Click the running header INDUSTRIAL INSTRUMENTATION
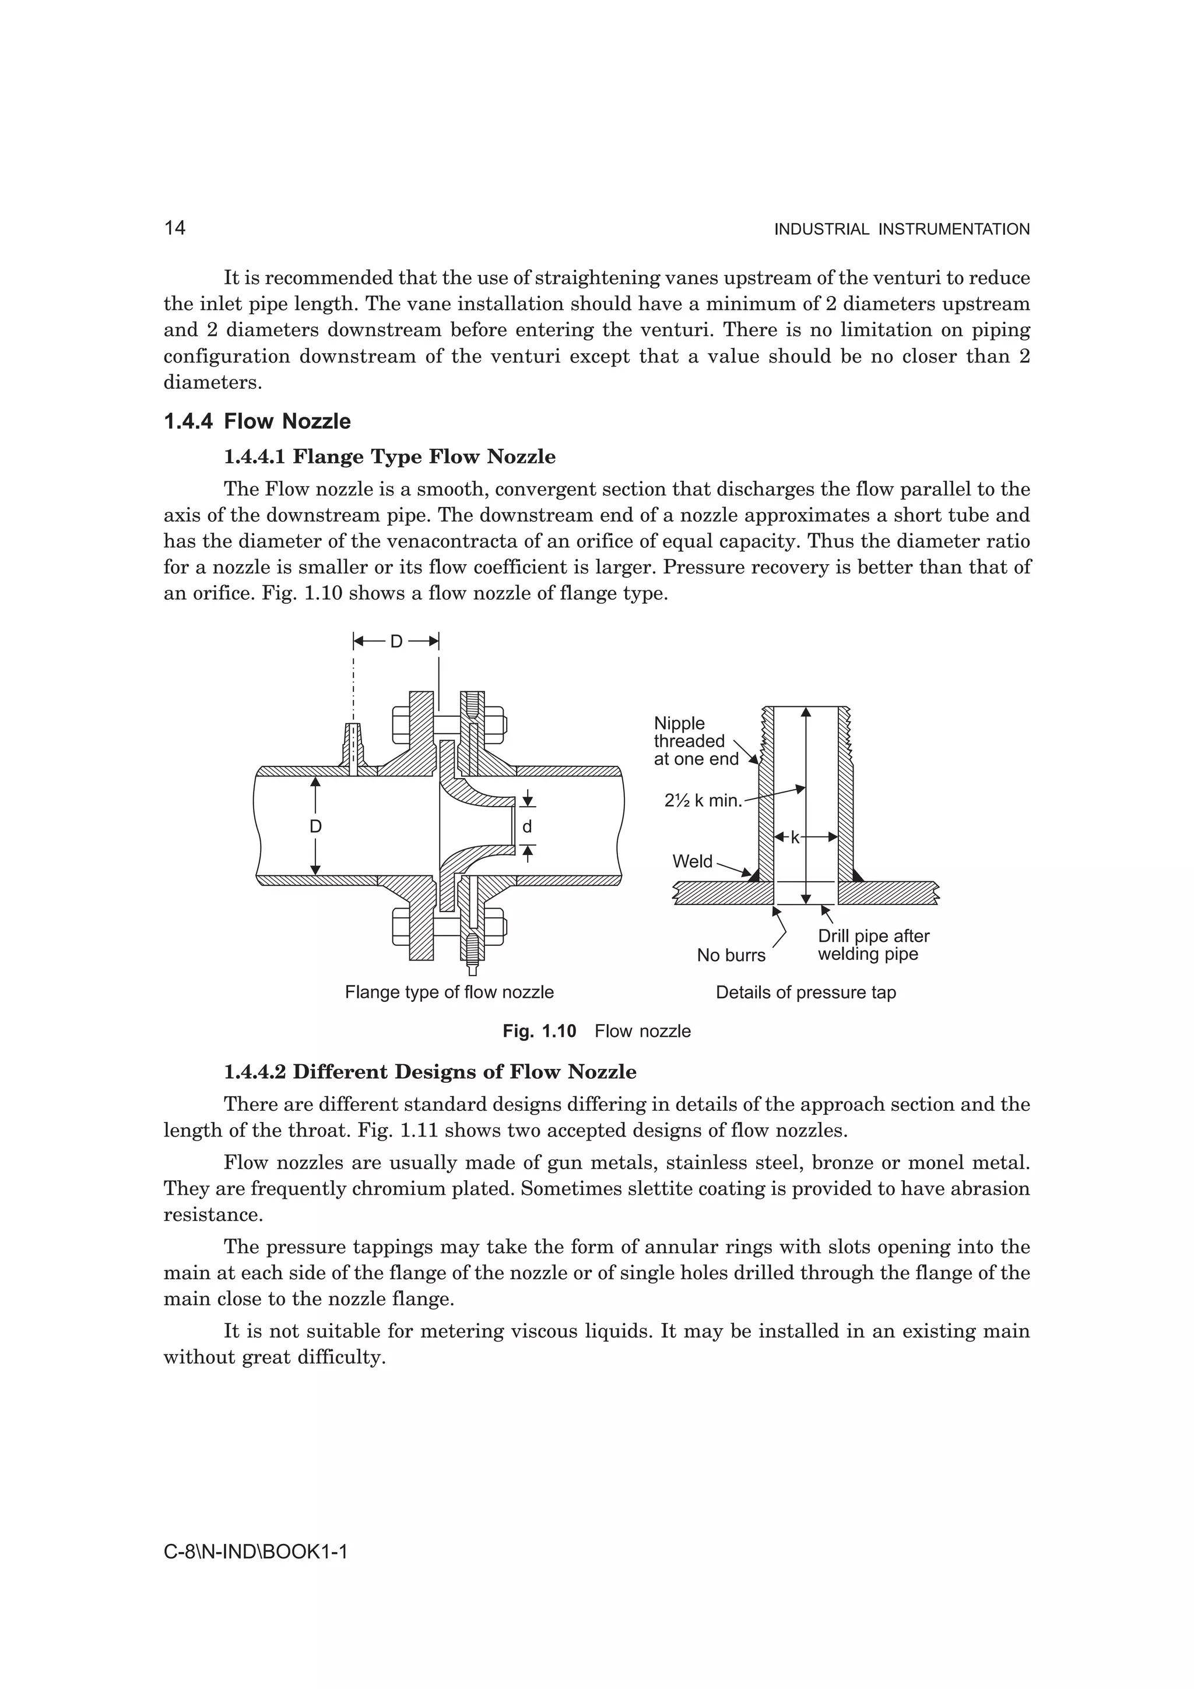[x=901, y=230]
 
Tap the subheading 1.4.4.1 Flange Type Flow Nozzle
[x=389, y=457]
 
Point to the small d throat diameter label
[x=526, y=827]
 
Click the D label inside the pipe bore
[x=315, y=827]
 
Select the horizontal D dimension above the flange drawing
[x=396, y=642]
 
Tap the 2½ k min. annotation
[x=703, y=800]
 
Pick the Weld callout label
[x=691, y=861]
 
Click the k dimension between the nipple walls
[x=795, y=837]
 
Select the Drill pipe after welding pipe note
[x=873, y=945]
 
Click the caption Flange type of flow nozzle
[x=449, y=993]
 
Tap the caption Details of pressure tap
[x=806, y=993]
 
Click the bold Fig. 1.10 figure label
[x=539, y=1032]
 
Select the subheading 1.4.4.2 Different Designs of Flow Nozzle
[x=430, y=1072]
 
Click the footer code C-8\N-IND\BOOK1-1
[x=255, y=1552]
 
